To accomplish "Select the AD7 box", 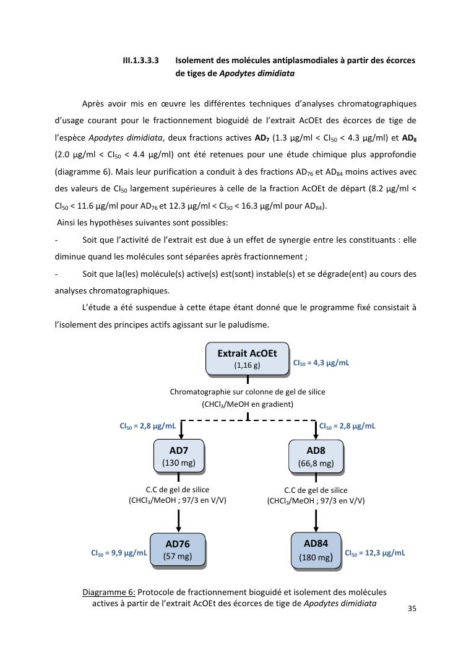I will click(x=178, y=456).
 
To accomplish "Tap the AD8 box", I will click(x=316, y=456).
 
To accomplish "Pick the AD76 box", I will click(x=178, y=550).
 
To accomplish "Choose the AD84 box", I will click(x=316, y=550).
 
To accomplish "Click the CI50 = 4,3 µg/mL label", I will click(x=321, y=363).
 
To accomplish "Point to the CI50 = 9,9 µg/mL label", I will click(x=119, y=553).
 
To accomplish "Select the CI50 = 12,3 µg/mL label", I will click(x=374, y=553).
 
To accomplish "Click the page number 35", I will click(x=412, y=609).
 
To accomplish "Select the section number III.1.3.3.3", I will click(x=140, y=61).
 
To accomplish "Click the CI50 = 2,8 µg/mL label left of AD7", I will click(x=147, y=426).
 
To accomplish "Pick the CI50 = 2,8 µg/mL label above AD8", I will click(x=347, y=426).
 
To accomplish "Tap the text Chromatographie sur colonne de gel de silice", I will click(x=248, y=392).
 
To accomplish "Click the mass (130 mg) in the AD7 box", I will click(x=178, y=463).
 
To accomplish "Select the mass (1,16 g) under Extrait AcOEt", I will click(x=247, y=365).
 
